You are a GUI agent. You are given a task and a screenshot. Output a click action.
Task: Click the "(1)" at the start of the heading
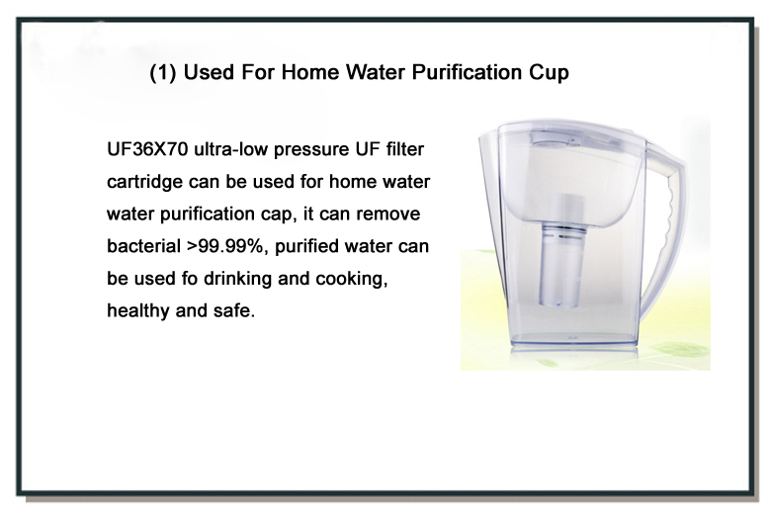click(163, 73)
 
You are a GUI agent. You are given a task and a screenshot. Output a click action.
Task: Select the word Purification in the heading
click(467, 72)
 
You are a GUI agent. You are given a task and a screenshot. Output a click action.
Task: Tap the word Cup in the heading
click(550, 73)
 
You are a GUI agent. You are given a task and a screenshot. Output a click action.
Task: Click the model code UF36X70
click(147, 149)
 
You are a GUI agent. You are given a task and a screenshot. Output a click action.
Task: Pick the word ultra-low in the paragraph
click(230, 149)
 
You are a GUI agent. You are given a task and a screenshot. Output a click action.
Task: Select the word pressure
click(311, 150)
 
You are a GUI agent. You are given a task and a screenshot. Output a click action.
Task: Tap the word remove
click(387, 214)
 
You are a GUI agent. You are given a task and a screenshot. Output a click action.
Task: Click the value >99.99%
click(227, 246)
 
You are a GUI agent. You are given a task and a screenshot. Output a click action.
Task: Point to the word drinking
click(237, 280)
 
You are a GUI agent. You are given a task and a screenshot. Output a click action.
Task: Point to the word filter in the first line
click(404, 149)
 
